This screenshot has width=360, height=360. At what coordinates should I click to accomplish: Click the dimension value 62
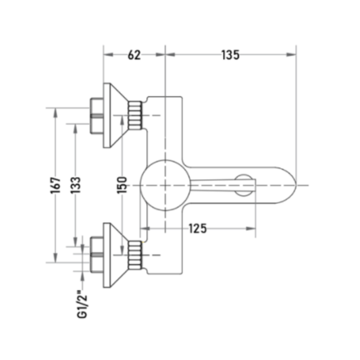134,55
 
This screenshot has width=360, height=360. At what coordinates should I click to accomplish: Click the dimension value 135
230,55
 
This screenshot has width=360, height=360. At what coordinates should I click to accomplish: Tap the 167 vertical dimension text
55,185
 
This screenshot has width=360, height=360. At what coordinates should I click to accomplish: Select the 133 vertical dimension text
76,185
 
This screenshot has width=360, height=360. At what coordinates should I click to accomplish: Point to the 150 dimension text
122,185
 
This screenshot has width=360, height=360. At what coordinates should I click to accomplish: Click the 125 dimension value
198,228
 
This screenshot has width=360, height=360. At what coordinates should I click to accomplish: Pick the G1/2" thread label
82,304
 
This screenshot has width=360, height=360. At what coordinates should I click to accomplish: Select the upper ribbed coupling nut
135,115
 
